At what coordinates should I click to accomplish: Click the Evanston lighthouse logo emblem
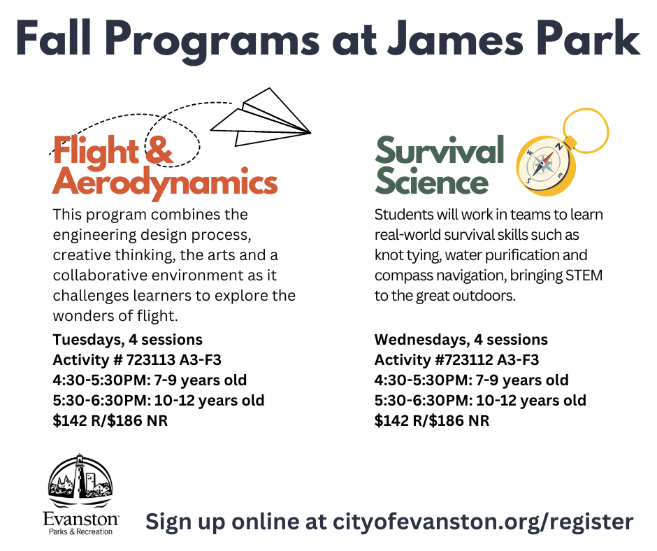80,482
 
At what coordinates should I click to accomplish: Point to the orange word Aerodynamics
165,183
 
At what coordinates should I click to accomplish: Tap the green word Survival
440,150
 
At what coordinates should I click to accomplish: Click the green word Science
431,183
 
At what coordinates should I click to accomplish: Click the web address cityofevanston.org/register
483,521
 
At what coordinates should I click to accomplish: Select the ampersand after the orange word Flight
158,151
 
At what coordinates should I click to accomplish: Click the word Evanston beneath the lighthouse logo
80,520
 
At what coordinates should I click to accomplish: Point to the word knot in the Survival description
388,255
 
